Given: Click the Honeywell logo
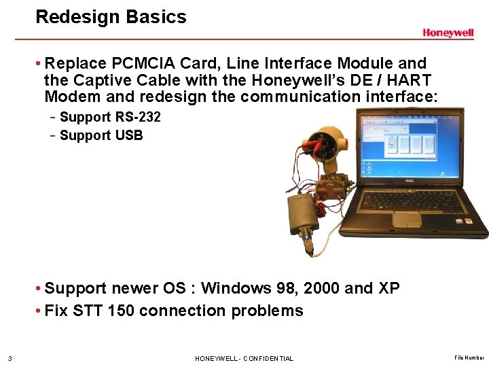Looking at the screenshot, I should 448,33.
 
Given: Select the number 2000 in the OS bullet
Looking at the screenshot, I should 322,288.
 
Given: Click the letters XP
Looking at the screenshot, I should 388,288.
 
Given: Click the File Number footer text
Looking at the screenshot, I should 469,357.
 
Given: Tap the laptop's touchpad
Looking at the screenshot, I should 407,219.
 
